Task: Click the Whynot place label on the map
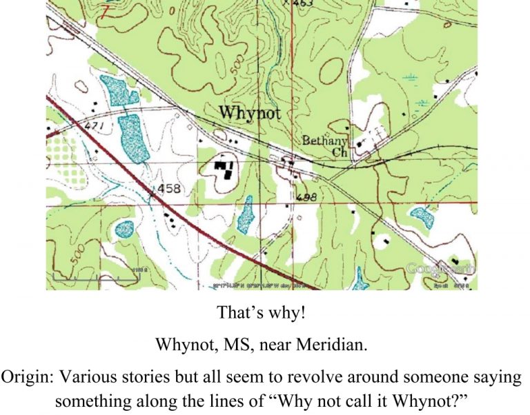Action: tap(249, 113)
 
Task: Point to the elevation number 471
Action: tap(93, 127)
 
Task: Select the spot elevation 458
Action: tap(168, 188)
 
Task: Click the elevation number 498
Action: tap(306, 198)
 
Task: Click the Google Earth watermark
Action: tap(441, 269)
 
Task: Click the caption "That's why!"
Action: tap(261, 312)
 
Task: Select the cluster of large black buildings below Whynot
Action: tap(224, 169)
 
